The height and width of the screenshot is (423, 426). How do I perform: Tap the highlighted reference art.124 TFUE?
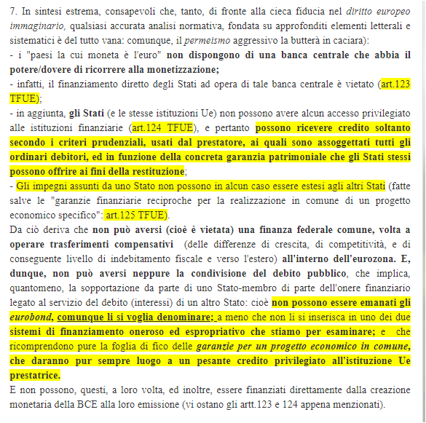pyautogui.click(x=161, y=126)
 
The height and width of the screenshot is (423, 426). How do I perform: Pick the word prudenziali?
pyautogui.click(x=130, y=141)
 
